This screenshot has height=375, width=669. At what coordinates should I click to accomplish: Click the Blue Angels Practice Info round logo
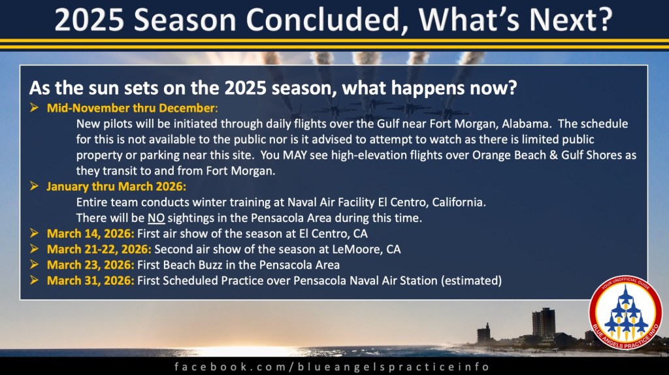pos(625,313)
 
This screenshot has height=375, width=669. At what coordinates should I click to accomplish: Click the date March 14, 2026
pos(90,234)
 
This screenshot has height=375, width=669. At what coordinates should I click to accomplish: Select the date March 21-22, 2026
pos(99,249)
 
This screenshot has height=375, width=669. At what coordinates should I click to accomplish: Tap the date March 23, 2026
pos(90,265)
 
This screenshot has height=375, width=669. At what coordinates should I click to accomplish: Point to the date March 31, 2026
pos(90,281)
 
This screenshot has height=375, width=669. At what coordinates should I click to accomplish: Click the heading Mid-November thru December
pos(132,108)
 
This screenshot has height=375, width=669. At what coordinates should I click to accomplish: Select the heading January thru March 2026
pos(116,186)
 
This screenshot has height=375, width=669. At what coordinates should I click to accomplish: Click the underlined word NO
pos(156,218)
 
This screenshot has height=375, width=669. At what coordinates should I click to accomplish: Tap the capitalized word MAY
pos(295,155)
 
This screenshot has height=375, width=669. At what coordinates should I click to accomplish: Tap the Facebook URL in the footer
pos(332,367)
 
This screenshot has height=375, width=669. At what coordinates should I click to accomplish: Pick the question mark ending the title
pos(604,19)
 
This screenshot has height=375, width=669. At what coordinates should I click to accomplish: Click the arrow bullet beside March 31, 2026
pos(34,280)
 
